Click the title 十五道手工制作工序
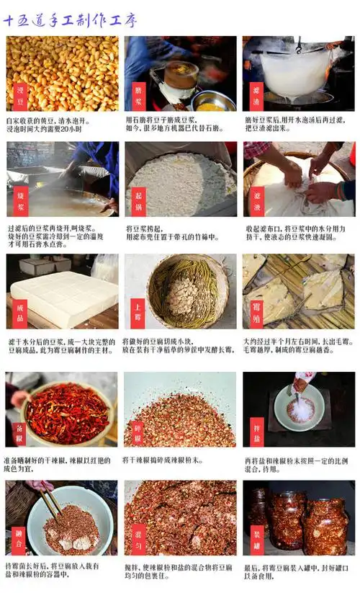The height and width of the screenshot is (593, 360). (70, 20)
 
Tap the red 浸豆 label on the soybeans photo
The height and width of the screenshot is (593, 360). (19, 94)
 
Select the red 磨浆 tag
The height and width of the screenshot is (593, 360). (138, 94)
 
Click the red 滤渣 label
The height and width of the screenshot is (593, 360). (256, 94)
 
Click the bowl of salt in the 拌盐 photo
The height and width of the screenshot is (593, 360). (300, 410)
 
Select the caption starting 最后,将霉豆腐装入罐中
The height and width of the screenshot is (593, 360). (294, 572)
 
